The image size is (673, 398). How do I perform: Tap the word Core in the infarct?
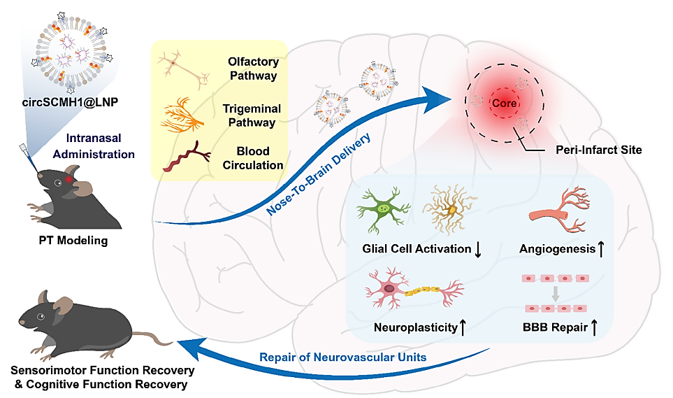505,103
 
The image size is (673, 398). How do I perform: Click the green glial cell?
382,209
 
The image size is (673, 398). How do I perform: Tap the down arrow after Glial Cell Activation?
479,250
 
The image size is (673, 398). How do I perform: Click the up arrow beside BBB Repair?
595,326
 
